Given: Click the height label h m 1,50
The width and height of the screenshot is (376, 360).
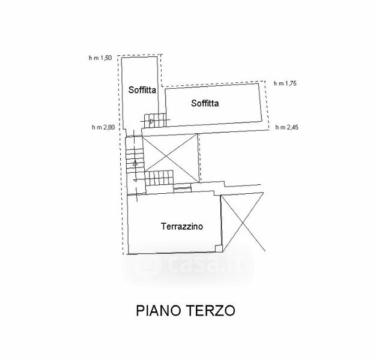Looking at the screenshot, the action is point(100,58).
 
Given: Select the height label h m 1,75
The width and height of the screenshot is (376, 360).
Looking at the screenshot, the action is point(285,83).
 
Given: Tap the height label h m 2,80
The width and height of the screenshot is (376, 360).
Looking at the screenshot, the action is point(103,127).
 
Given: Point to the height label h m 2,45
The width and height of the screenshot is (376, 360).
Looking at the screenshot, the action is point(287,127).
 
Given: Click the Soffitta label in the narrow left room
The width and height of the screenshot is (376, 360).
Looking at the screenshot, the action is point(142,90).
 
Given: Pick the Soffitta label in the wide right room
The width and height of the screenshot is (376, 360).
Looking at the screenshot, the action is point(205,103).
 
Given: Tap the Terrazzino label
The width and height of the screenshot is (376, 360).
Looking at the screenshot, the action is point(182,226).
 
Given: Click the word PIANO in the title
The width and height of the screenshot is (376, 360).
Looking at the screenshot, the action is point(158,311).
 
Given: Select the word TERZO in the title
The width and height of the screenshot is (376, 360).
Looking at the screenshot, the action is point(211,311).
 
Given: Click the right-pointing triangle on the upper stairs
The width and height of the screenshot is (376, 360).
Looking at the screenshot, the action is point(152,121).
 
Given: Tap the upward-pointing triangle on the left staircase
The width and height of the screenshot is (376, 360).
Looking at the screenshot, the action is point(135,163).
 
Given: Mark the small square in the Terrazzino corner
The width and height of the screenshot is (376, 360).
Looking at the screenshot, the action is point(219,249).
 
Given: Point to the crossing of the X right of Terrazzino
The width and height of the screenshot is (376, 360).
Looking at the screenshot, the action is point(243,223).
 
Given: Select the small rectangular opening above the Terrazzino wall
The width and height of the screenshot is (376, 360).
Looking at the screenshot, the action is point(182,188).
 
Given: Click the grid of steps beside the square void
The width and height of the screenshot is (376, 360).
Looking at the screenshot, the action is point(159,178).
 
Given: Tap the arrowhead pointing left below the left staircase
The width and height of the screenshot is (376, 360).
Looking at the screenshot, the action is point(135,180).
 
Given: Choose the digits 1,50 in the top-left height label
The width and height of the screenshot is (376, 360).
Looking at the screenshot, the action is point(106,58).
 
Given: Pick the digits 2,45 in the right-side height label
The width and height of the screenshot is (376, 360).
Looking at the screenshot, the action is point(293,127).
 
